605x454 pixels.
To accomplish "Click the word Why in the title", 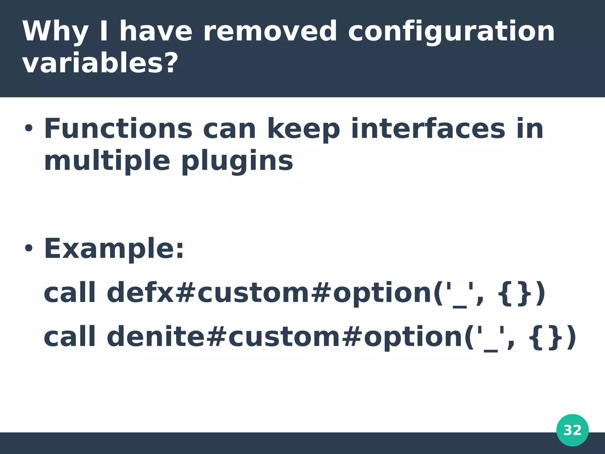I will [x=55, y=32].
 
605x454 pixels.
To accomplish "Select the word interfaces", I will [x=428, y=129].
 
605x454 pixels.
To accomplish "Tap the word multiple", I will [x=107, y=161].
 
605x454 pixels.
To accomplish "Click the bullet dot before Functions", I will [x=29, y=129].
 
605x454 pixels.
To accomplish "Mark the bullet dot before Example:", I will [x=29, y=248].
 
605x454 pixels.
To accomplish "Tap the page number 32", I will [x=572, y=430].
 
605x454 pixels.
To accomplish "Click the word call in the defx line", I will [x=70, y=293].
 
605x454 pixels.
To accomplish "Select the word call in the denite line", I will [x=70, y=337].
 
